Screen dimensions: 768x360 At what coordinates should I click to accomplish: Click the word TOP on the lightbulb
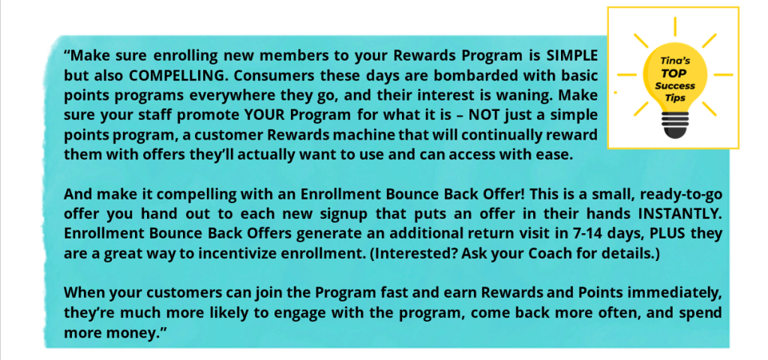[x=675, y=75]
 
